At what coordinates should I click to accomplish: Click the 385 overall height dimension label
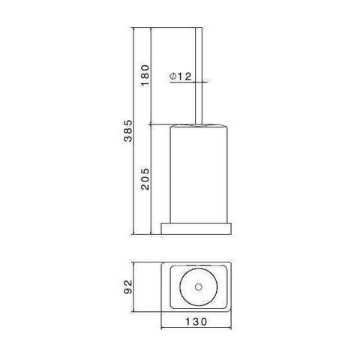pyautogui.click(x=128, y=133)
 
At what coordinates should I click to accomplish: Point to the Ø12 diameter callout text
pyautogui.click(x=181, y=76)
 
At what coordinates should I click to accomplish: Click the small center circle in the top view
pyautogui.click(x=200, y=286)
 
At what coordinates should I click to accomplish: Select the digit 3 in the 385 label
pyautogui.click(x=128, y=142)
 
